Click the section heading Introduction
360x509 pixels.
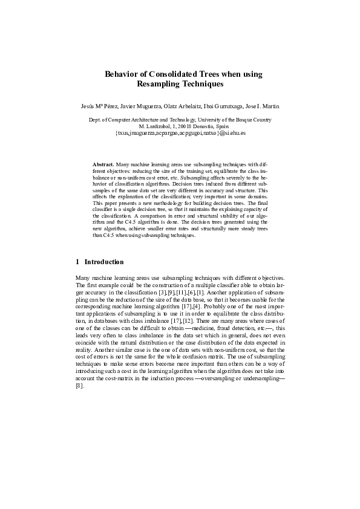[x=104, y=262]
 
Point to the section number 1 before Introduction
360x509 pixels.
[x=77, y=262]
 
